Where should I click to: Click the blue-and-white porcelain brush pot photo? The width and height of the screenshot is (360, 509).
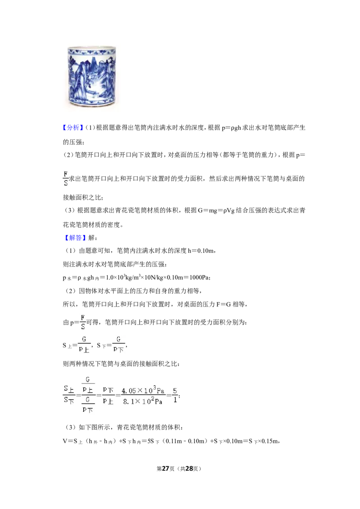(x=92, y=76)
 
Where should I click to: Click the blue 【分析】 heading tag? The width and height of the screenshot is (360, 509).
(x=73, y=128)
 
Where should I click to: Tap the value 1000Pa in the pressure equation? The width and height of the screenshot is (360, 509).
(x=200, y=277)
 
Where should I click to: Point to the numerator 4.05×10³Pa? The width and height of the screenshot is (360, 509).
(x=143, y=390)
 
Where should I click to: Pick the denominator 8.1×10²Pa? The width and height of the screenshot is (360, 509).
(x=143, y=402)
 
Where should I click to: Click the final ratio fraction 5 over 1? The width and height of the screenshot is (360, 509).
(x=175, y=395)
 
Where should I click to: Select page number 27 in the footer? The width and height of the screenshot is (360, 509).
(x=166, y=469)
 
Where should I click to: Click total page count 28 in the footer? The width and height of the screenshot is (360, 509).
(x=189, y=469)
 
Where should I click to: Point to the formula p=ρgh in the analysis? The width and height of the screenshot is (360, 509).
(x=231, y=128)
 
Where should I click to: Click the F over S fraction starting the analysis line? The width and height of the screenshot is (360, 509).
(x=66, y=179)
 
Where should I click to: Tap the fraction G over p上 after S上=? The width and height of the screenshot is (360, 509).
(x=84, y=344)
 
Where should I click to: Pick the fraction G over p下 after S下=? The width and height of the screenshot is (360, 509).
(x=118, y=344)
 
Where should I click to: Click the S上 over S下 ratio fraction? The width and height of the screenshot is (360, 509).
(x=69, y=394)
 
